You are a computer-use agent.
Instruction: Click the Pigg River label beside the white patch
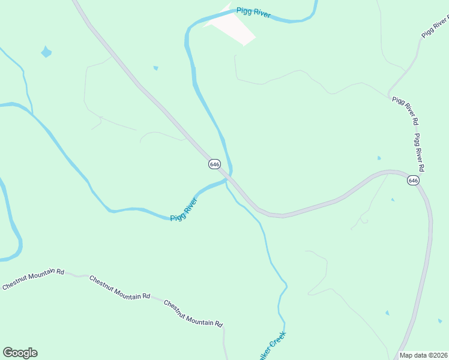coord(253,12)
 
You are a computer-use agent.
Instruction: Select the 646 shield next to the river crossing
coord(214,164)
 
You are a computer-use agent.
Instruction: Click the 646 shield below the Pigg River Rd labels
coord(412,180)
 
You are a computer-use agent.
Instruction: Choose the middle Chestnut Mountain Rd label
coord(119,288)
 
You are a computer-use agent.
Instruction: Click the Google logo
coord(20,353)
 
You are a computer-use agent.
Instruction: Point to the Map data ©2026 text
coord(423,355)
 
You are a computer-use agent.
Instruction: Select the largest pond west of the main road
coord(46,52)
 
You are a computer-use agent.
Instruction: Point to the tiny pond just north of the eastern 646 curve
coord(379,158)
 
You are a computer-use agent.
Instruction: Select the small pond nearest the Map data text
coord(387,313)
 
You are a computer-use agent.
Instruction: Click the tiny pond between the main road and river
coord(156,68)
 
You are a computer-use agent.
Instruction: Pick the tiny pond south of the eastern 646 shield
coord(393,199)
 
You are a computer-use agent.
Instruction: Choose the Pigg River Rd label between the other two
coord(405,110)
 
